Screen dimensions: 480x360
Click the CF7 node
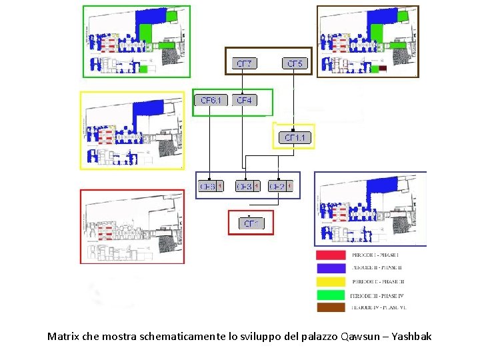[245, 64]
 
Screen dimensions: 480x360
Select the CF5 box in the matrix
[294, 64]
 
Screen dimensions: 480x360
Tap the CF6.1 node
[211, 100]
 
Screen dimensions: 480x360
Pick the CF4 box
[245, 100]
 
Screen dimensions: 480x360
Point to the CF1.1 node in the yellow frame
[294, 138]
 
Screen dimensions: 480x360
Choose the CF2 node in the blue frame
[277, 187]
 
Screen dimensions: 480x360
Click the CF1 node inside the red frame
[251, 223]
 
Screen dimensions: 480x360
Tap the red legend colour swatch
[330, 255]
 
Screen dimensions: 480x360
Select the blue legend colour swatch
[330, 267]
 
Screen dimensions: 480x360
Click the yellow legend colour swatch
[330, 281]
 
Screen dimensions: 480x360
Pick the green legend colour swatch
[330, 294]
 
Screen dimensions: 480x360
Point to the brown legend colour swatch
[330, 307]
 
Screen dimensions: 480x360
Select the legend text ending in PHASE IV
[379, 294]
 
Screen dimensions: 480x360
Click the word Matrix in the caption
[63, 337]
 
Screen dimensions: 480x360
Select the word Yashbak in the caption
[411, 337]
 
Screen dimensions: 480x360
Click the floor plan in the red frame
[132, 227]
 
